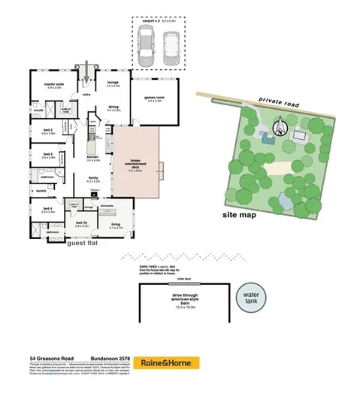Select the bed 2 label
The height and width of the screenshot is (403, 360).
(47, 130)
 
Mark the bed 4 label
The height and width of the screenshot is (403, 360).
(47, 209)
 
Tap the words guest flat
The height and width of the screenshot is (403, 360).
(84, 244)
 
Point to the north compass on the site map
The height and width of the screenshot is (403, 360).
(280, 127)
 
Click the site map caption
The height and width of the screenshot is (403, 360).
(239, 215)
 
